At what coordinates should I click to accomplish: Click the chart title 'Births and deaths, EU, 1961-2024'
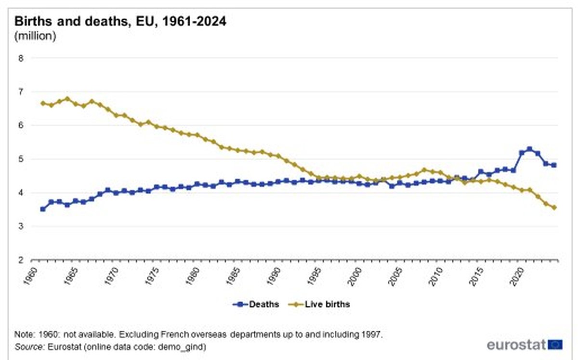(120, 22)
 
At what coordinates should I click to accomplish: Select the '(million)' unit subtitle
(36, 36)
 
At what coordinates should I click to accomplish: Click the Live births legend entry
(320, 304)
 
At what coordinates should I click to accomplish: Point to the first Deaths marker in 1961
(43, 209)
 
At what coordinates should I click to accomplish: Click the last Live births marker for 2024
(554, 208)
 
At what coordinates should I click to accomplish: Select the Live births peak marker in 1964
(67, 98)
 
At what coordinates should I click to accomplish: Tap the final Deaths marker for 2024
(554, 165)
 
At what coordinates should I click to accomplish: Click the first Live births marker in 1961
(43, 103)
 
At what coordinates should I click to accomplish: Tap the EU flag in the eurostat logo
(556, 344)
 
